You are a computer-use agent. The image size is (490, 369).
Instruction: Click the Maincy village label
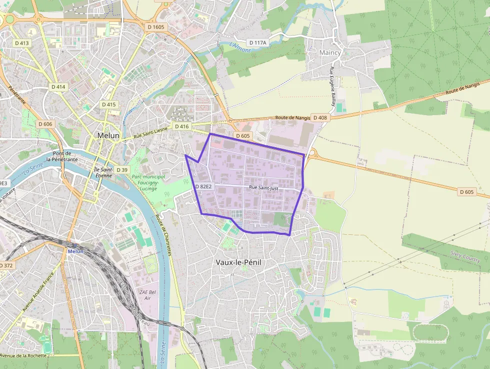[330, 53]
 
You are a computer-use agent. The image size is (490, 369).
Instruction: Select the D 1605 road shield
[155, 27]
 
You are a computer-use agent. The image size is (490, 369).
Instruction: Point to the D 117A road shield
[257, 43]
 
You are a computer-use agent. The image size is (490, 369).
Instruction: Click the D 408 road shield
[320, 118]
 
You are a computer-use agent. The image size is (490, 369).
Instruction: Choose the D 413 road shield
[22, 43]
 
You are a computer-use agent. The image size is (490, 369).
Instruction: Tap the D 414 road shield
[58, 87]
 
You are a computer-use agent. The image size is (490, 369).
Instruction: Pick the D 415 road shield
[108, 105]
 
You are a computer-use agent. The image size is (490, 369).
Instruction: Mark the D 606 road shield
[45, 124]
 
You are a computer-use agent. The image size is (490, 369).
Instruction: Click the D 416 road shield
[182, 126]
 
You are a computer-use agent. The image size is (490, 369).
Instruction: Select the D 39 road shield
[122, 170]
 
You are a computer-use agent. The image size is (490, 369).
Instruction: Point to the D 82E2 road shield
[203, 186]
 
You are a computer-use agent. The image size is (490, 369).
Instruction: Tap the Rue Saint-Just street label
[263, 187]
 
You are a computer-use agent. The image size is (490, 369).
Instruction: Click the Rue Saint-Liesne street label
[150, 133]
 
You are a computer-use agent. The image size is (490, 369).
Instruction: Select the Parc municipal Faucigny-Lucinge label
[148, 182]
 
